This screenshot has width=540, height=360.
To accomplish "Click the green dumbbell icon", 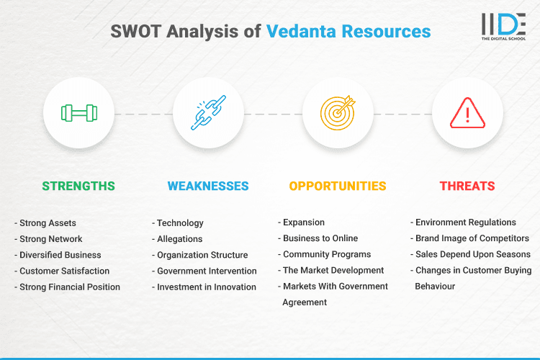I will [78, 113].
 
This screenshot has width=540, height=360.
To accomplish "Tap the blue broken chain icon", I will [208, 113].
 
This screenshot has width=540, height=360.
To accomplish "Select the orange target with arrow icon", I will [338, 113].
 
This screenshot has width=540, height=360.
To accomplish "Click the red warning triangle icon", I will [467, 113].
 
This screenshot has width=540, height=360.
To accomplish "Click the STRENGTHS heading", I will [78, 186].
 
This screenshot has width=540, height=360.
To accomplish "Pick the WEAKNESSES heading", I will [208, 186].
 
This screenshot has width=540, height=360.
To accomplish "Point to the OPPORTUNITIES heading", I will [338, 186].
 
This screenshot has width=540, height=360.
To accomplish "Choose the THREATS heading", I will [467, 186].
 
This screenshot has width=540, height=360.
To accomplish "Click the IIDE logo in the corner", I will [503, 26].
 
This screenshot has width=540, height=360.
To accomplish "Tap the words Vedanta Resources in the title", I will [348, 32].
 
